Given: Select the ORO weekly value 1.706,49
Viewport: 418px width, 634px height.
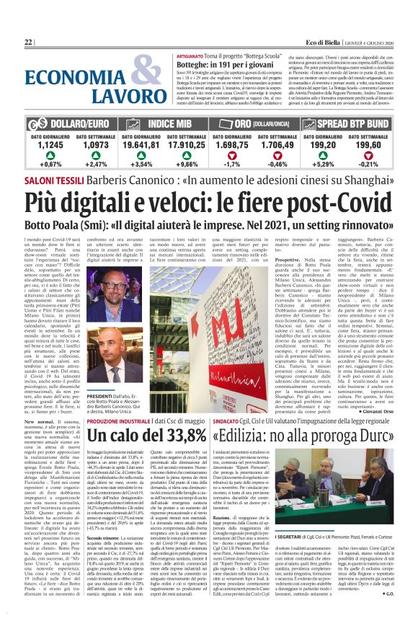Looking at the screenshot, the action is pyautogui.click(x=277, y=144).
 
